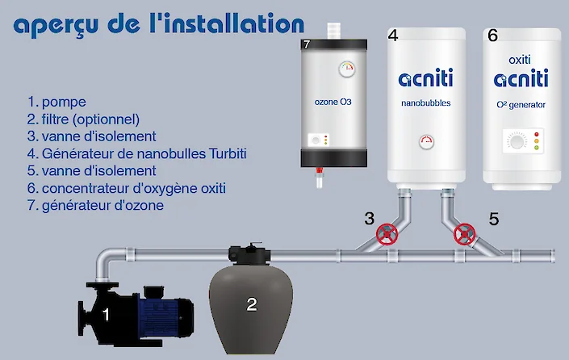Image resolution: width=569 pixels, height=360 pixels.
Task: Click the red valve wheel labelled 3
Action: coord(388,235)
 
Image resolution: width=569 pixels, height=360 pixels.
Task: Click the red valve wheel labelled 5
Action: coord(464,235)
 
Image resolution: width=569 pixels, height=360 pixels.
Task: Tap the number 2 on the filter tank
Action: coord(252,303)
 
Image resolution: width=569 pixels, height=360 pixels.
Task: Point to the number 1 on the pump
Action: coord(106,314)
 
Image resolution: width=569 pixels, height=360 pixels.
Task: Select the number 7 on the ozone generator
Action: coord(306,45)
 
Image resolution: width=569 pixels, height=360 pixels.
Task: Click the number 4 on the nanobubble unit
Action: coord(393,36)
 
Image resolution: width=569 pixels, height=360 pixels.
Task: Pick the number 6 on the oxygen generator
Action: coord(492,36)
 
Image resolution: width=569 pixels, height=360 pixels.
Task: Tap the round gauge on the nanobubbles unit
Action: coord(426,142)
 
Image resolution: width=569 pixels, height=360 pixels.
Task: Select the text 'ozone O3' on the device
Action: coord(333,103)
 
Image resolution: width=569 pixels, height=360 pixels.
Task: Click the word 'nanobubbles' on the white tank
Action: coord(425,103)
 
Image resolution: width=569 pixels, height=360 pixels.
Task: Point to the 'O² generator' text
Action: coord(521,104)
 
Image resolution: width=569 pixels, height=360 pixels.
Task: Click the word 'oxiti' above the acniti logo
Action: coord(521,60)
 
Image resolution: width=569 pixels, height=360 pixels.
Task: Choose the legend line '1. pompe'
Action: coord(56,102)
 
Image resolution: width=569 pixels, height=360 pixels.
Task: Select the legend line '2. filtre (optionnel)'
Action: coord(84,119)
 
